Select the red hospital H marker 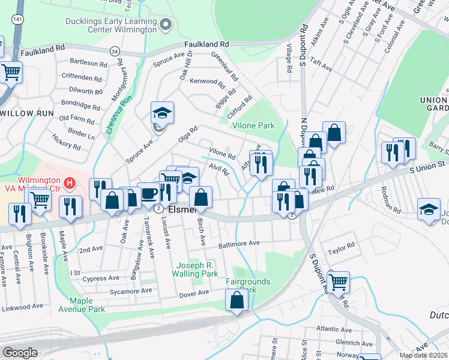(x=70, y=182)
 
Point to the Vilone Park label (x=253, y=125)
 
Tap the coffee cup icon (x=148, y=193)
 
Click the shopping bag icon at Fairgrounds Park (x=237, y=299)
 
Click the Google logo (x=20, y=352)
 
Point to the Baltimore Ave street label (x=238, y=244)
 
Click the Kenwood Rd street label (x=206, y=82)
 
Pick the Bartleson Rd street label (x=88, y=62)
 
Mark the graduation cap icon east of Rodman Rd (x=428, y=209)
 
